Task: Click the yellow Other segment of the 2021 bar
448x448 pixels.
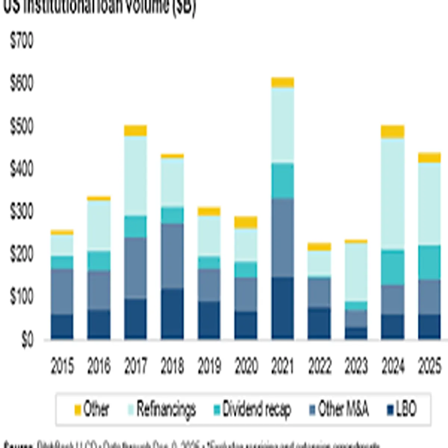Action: (x=283, y=82)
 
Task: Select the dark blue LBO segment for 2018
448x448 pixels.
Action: (x=172, y=314)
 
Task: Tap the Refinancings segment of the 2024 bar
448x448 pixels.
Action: (x=392, y=194)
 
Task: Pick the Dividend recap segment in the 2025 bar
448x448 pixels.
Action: (x=429, y=262)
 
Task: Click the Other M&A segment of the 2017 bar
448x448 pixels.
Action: (x=136, y=268)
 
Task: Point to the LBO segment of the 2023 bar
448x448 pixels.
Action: (x=356, y=333)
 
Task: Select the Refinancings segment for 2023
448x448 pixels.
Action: (x=356, y=272)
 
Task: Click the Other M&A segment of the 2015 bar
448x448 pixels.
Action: (x=62, y=292)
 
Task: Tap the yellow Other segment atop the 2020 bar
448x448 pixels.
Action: (x=246, y=222)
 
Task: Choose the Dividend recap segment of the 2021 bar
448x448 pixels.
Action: (x=283, y=181)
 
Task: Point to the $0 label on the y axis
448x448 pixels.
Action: (x=27, y=340)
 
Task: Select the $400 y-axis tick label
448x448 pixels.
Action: (x=22, y=169)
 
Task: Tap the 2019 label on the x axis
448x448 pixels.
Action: (x=209, y=366)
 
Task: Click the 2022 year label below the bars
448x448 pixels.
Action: (x=320, y=366)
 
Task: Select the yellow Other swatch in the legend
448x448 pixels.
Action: (x=78, y=410)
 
